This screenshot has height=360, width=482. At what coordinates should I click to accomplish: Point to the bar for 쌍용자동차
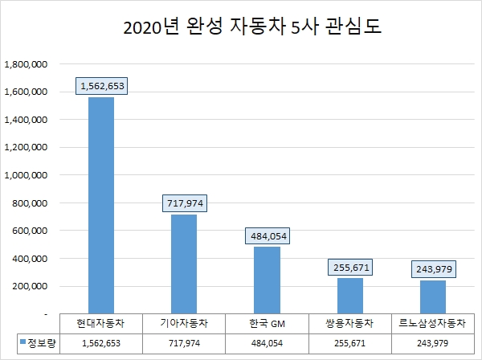pyautogui.click(x=350, y=295)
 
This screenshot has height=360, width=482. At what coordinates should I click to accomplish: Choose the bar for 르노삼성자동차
pyautogui.click(x=434, y=297)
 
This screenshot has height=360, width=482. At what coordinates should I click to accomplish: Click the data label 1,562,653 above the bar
pyautogui.click(x=101, y=86)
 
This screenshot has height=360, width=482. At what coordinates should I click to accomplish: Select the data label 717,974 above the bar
pyautogui.click(x=184, y=203)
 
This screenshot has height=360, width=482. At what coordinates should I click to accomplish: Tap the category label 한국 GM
pyautogui.click(x=268, y=323)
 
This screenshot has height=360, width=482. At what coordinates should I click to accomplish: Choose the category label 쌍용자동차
pyautogui.click(x=350, y=323)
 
